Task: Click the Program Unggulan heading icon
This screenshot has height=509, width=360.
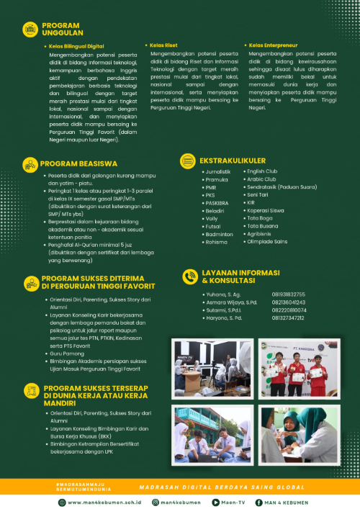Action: pyautogui.click(x=31, y=29)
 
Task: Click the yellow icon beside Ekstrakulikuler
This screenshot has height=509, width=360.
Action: pyautogui.click(x=188, y=161)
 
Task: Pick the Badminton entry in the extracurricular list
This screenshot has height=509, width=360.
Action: pyautogui.click(x=219, y=233)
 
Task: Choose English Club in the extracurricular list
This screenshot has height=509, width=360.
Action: pyautogui.click(x=261, y=171)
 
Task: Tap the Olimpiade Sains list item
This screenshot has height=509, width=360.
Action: pyautogui.click(x=266, y=241)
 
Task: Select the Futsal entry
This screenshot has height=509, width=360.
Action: pyautogui.click(x=214, y=225)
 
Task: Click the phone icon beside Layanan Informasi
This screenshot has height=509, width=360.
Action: pyautogui.click(x=189, y=276)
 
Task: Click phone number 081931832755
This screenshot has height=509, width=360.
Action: pyautogui.click(x=289, y=294)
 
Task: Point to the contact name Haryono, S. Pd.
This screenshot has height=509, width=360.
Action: pyautogui.click(x=224, y=317)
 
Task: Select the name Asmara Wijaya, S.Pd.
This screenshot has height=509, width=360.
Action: pyautogui.click(x=230, y=302)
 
